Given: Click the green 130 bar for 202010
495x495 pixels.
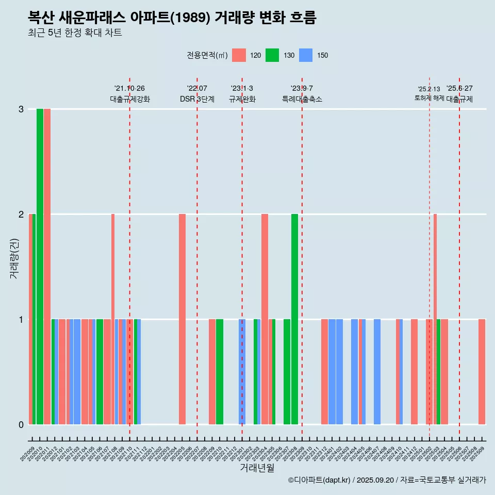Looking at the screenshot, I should click(x=40, y=266).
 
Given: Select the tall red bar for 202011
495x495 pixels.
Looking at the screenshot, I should click(x=47, y=266).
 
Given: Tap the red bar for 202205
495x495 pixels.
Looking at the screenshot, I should click(x=182, y=319).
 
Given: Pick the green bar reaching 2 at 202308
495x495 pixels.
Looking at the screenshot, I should click(x=294, y=319).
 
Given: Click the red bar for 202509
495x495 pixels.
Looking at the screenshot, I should click(x=482, y=371).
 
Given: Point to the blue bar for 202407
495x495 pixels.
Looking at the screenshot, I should click(x=377, y=371).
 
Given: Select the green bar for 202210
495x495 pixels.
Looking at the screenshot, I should click(x=220, y=371).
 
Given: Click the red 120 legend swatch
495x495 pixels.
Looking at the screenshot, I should click(x=239, y=55).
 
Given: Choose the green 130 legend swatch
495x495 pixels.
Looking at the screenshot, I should click(x=272, y=55).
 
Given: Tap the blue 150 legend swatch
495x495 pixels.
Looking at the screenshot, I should click(x=306, y=55).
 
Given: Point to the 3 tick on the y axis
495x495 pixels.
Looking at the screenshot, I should click(x=21, y=109).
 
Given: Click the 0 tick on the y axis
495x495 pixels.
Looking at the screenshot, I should click(x=21, y=424).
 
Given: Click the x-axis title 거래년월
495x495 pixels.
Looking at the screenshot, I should click(x=257, y=468).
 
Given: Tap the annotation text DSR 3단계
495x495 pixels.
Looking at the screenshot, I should click(x=197, y=99).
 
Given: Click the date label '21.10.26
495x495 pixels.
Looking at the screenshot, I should click(x=129, y=89).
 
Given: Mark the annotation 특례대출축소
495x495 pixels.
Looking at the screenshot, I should click(x=302, y=99).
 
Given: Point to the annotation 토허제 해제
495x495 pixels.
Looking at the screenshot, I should click(x=429, y=97).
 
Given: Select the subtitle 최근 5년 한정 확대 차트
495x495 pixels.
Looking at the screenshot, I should click(x=75, y=33).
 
